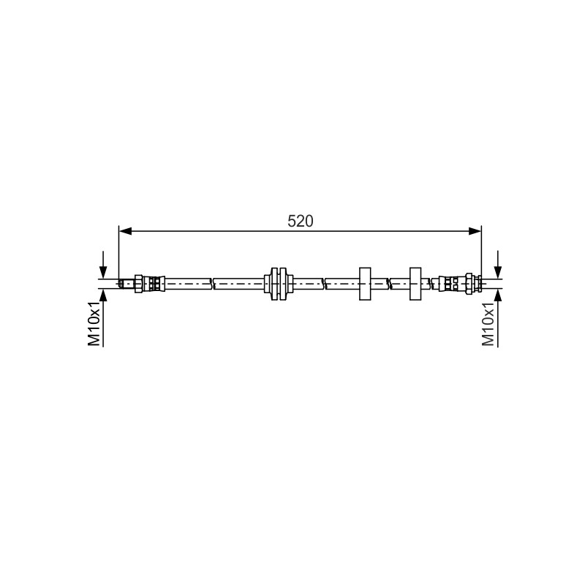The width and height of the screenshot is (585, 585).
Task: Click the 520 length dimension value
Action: tap(300, 222)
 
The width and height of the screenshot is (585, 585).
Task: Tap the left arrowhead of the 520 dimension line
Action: tap(125, 231)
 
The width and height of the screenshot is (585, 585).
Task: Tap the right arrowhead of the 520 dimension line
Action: tap(475, 231)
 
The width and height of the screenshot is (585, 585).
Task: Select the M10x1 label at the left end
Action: tap(94, 324)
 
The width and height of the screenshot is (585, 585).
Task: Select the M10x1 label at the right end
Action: tap(488, 324)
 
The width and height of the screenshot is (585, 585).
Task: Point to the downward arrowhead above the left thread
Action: tap(103, 272)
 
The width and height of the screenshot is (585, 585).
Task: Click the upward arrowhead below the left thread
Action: tap(103, 295)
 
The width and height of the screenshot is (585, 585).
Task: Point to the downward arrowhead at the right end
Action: tap(497, 272)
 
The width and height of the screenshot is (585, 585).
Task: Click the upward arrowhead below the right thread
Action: tap(497, 295)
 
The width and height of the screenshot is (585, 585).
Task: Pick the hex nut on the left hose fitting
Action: tap(138, 284)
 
